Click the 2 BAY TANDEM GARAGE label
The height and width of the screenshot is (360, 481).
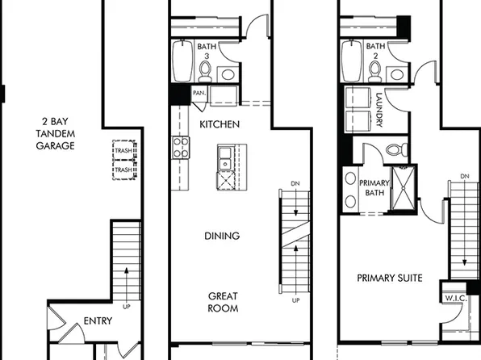coord(55,134)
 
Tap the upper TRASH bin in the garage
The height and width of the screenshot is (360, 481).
coord(123,152)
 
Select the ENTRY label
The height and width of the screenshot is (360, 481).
coord(98,321)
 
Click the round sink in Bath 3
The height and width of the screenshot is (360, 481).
coord(228,75)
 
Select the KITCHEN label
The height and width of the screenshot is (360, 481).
coord(219,124)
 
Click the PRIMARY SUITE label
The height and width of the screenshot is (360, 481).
coord(390,278)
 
